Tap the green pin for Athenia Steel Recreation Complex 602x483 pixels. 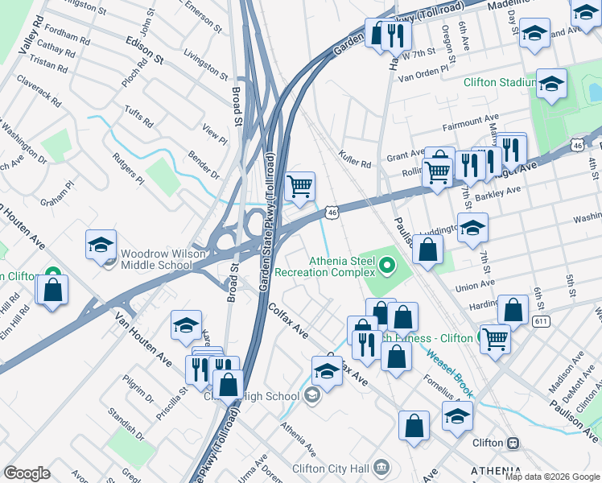[x=388, y=263]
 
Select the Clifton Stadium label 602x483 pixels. [x=499, y=82]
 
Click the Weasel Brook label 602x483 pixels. [x=451, y=367]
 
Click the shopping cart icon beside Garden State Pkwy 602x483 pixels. [x=299, y=186]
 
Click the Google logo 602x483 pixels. [x=27, y=473]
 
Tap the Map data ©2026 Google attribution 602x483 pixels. [x=551, y=477]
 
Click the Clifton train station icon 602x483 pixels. [x=512, y=444]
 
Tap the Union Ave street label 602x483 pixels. [x=475, y=285]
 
